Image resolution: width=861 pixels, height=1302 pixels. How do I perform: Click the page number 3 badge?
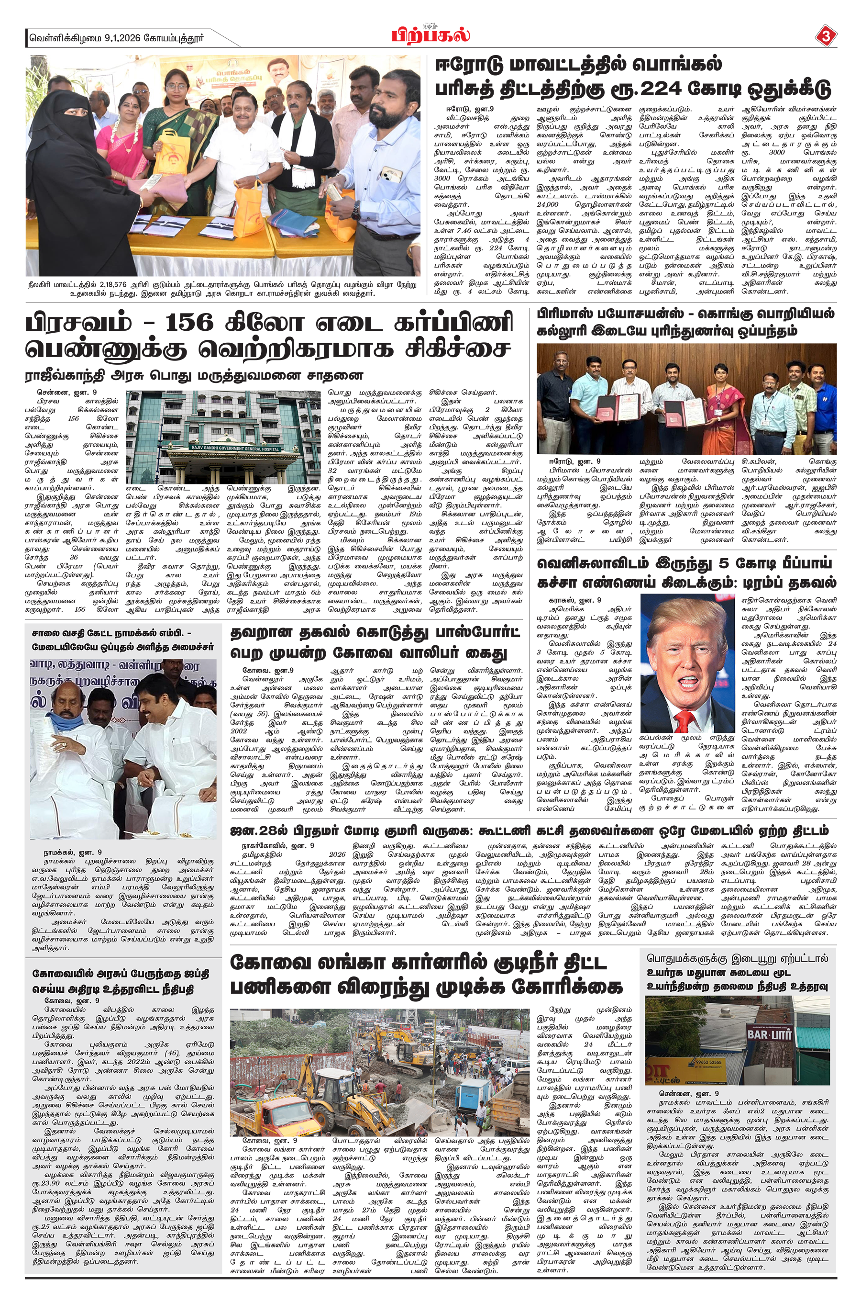pyautogui.click(x=825, y=37)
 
